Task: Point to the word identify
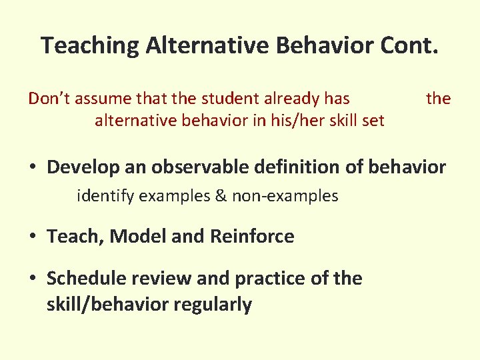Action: pyautogui.click(x=103, y=197)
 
